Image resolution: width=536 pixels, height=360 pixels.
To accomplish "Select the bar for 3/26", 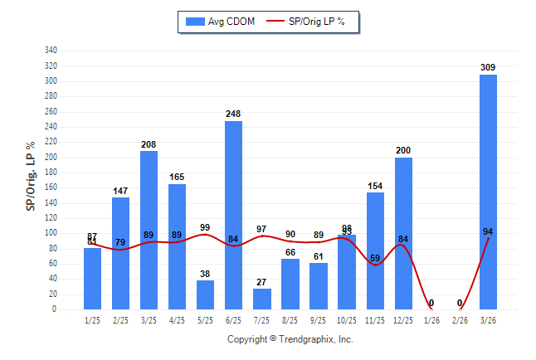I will pos(488,192).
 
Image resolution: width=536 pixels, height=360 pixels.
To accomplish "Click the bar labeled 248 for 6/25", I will pos(233,215).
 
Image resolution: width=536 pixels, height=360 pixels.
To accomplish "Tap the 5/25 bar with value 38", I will pos(205,294).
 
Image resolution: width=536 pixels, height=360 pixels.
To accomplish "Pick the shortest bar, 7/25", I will pos(261,299).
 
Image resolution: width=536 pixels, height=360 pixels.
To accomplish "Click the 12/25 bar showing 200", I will pos(403,233).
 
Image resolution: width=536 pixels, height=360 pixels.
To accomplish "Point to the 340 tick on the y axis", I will pos(51,51).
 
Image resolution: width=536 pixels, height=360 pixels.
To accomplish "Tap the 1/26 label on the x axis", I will pos(431,319).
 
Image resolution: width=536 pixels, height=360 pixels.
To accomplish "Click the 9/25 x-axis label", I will pos(319,319).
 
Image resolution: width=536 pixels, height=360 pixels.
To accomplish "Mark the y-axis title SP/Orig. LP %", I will pos(31,176).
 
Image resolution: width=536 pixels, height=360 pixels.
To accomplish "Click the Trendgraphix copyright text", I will pos(290,339).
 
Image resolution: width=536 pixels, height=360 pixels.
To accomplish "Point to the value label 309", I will pos(488,67).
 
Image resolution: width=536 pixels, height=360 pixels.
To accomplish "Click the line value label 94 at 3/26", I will pos(489,232).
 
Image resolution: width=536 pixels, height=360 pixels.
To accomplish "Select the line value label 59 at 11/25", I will pos(375,258).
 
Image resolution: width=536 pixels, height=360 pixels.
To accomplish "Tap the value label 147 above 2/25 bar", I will pos(120,191).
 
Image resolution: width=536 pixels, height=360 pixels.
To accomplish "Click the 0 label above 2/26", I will pos(460,304).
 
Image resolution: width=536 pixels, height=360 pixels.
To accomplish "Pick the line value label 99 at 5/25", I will pos(205,227).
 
